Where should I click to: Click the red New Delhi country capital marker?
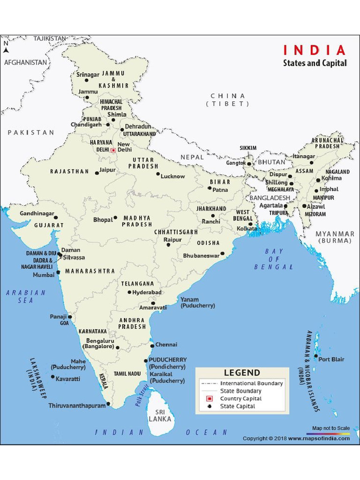point(112,150)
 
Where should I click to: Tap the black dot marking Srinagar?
point(86,80)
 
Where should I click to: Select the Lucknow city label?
point(172,176)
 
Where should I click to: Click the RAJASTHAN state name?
point(69,172)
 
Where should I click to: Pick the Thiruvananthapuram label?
point(77,405)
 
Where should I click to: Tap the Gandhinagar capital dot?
point(55,217)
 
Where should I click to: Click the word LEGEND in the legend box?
point(242,373)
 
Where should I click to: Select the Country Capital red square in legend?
point(210,398)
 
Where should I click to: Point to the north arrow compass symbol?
point(6,47)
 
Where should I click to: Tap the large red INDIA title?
point(314,50)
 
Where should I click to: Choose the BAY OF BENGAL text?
point(274,259)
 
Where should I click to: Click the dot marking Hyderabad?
point(129,292)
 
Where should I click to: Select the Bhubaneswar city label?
point(201,256)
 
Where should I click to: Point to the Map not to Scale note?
point(331,428)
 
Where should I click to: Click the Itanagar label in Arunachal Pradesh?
point(303,156)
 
